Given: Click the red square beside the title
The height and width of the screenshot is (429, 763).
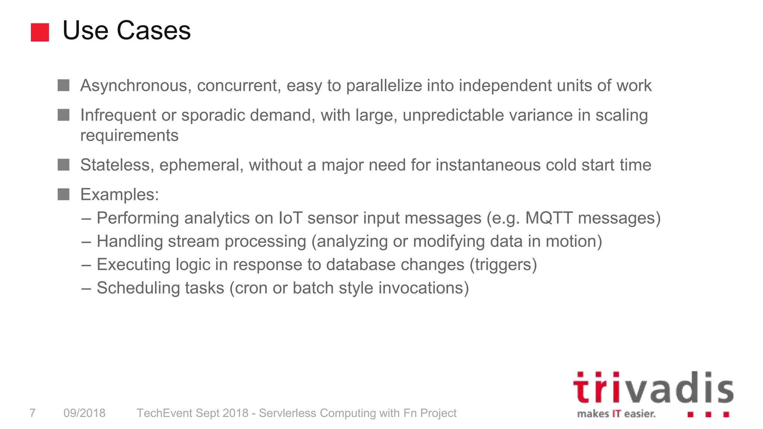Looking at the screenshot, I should (40, 32).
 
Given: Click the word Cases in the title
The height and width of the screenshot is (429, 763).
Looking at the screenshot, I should (153, 31).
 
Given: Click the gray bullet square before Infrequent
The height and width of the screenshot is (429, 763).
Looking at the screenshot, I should (64, 115).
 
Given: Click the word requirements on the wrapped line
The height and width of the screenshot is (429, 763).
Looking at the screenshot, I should (129, 135).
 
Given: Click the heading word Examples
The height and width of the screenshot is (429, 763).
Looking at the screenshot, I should (119, 195).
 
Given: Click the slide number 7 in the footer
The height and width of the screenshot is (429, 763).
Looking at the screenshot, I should (33, 413).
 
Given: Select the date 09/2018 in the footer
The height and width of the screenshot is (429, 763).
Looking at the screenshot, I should (85, 413).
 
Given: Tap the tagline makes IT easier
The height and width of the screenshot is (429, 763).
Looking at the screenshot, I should (616, 414).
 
